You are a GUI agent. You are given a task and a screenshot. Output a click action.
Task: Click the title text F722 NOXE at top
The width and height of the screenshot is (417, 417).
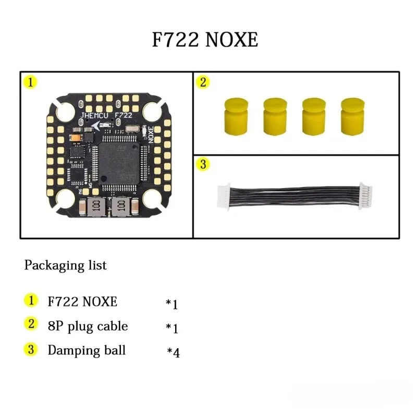coord(205,40)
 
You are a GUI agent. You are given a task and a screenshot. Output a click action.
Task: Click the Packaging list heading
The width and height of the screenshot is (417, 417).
coord(65,265)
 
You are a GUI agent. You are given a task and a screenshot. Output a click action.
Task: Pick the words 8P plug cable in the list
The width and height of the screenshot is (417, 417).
coord(88,326)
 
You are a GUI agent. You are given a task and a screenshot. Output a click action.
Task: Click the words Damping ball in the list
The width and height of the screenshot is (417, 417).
coord(87,350)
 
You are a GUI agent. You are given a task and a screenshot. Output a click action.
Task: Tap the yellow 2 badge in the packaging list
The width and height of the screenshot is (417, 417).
coord(31,324)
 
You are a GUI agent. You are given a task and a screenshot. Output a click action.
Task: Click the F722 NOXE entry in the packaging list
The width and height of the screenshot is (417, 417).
coord(82,301)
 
